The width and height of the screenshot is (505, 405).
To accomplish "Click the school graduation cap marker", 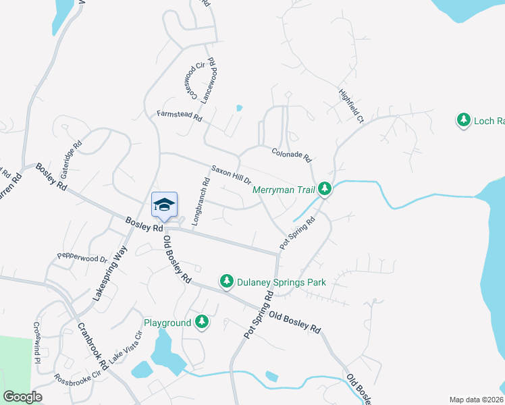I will pos(164,205).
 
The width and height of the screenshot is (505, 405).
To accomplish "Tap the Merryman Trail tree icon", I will pos(325,189).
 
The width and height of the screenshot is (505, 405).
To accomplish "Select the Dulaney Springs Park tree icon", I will pos(227,281).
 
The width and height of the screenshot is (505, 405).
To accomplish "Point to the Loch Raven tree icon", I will pos(464,120).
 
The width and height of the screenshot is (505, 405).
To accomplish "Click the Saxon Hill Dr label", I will pos(231,174).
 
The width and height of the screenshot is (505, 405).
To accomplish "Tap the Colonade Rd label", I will pos(291,155).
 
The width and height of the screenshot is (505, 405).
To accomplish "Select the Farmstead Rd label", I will pos(180,116).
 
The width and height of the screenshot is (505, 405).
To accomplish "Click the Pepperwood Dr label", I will pos(82,258).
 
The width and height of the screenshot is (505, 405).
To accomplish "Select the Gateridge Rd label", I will pos(72,155).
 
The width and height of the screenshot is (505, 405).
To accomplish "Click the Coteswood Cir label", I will pos(191,80).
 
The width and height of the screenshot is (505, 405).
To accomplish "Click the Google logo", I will pos(22,397).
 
